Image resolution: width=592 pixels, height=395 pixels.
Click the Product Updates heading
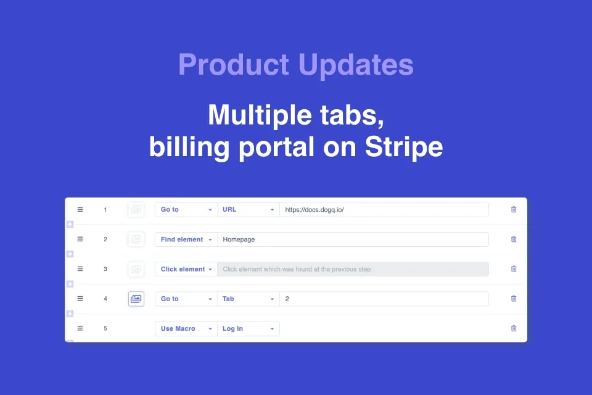coord(295,65)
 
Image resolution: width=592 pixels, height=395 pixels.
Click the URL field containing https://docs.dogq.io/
coord(384,210)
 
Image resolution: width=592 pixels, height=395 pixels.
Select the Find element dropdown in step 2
coord(186,239)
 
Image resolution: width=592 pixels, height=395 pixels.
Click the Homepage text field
coord(353,239)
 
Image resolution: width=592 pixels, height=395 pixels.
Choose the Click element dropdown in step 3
coord(186,269)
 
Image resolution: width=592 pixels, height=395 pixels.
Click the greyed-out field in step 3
coord(353,269)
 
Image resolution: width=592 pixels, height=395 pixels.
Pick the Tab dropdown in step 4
coord(248,299)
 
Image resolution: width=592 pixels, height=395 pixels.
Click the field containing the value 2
coord(384,299)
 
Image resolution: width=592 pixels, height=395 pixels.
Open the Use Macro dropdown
coord(186,329)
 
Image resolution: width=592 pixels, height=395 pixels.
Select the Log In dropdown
coord(248,329)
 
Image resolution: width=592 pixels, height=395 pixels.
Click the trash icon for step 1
coord(514,210)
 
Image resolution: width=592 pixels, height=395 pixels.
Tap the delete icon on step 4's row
coord(514,299)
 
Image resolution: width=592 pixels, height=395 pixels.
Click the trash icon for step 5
coord(514,329)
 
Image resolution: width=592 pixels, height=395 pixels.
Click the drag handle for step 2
coord(80,239)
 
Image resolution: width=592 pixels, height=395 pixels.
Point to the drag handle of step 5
coord(80,329)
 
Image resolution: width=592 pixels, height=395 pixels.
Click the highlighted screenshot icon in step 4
coord(136,299)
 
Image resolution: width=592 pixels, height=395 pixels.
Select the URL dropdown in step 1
coord(248,210)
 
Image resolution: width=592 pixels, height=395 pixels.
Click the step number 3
coord(105,269)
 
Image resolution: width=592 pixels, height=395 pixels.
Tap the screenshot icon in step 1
coord(136,210)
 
